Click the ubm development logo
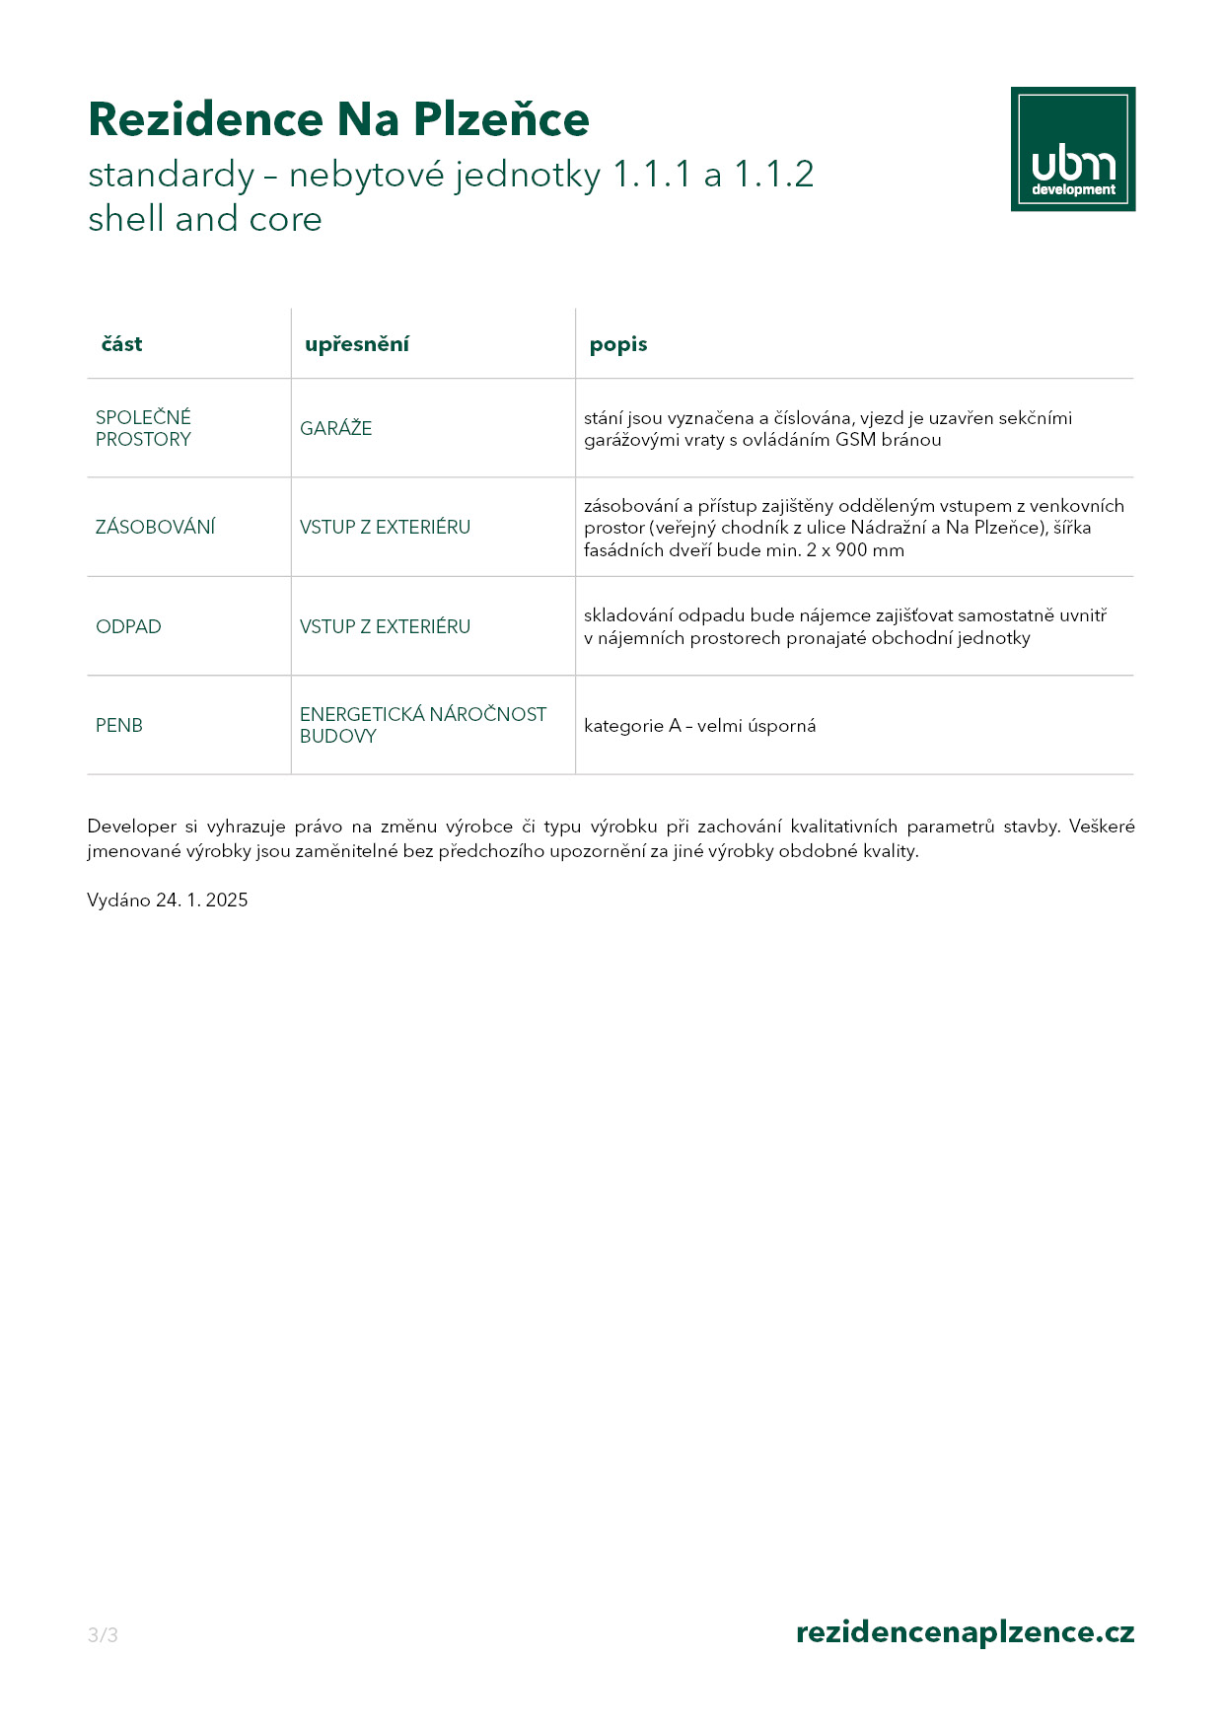click(1072, 149)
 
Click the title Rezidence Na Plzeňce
click(338, 119)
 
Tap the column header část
click(122, 344)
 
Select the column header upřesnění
click(356, 344)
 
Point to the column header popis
click(618, 344)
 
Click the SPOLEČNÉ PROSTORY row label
click(143, 428)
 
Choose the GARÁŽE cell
click(335, 428)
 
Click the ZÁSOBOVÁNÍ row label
click(155, 527)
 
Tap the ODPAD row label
click(128, 626)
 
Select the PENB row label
click(119, 725)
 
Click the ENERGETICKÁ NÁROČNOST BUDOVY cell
click(422, 725)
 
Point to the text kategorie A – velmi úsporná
click(699, 726)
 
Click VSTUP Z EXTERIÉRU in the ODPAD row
click(385, 626)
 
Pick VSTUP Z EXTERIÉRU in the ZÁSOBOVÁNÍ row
click(385, 527)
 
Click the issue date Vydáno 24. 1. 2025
click(168, 900)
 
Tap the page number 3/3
click(103, 1635)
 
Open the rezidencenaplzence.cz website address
click(965, 1632)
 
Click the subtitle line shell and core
click(205, 219)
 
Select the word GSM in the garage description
click(855, 440)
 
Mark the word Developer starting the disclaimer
click(132, 827)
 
